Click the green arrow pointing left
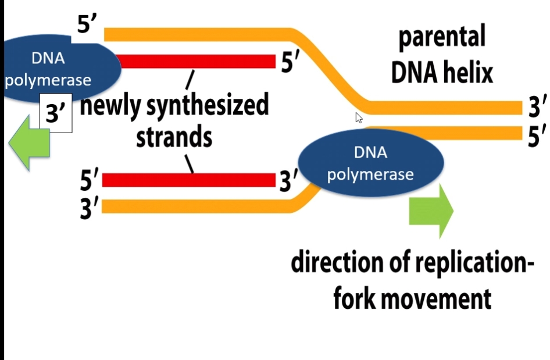coord(29,143)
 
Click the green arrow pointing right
coord(431,211)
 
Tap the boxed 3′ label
coord(56,113)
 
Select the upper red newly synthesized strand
coord(198,62)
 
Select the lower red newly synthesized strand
coord(189,180)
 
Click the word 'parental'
coord(442,37)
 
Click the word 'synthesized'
coord(208,105)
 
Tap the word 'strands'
coord(174,137)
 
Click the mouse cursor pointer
coord(359,117)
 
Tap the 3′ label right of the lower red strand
coord(289,181)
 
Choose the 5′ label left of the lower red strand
coord(90,180)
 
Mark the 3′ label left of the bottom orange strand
coord(90,208)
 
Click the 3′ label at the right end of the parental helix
coord(537,106)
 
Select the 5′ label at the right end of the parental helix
coord(537,136)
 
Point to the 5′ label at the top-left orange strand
coord(87,23)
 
